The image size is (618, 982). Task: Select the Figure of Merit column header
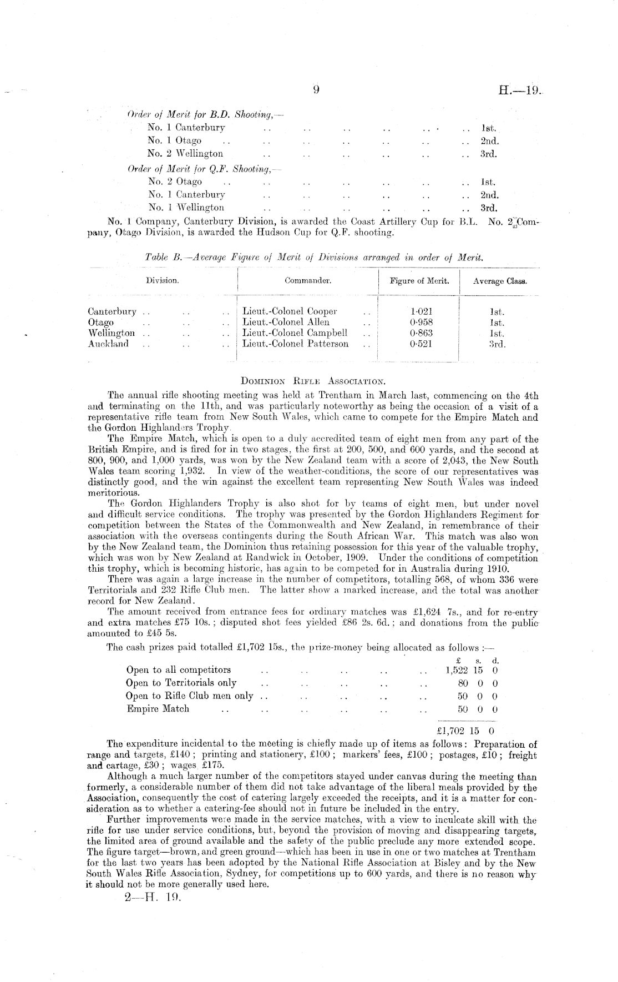[x=419, y=281]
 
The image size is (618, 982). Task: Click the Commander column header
[x=308, y=281]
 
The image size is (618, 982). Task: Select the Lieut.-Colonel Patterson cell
[x=296, y=344]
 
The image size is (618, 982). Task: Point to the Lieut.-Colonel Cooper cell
[x=290, y=311]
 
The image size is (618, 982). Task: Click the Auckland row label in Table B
[x=108, y=344]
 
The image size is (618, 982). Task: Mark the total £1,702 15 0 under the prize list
[x=468, y=731]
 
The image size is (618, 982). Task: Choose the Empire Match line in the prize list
[x=158, y=709]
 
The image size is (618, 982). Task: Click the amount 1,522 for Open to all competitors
[x=457, y=670]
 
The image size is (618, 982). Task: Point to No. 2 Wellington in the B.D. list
[x=185, y=154]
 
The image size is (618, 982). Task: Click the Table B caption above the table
[x=313, y=258]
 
